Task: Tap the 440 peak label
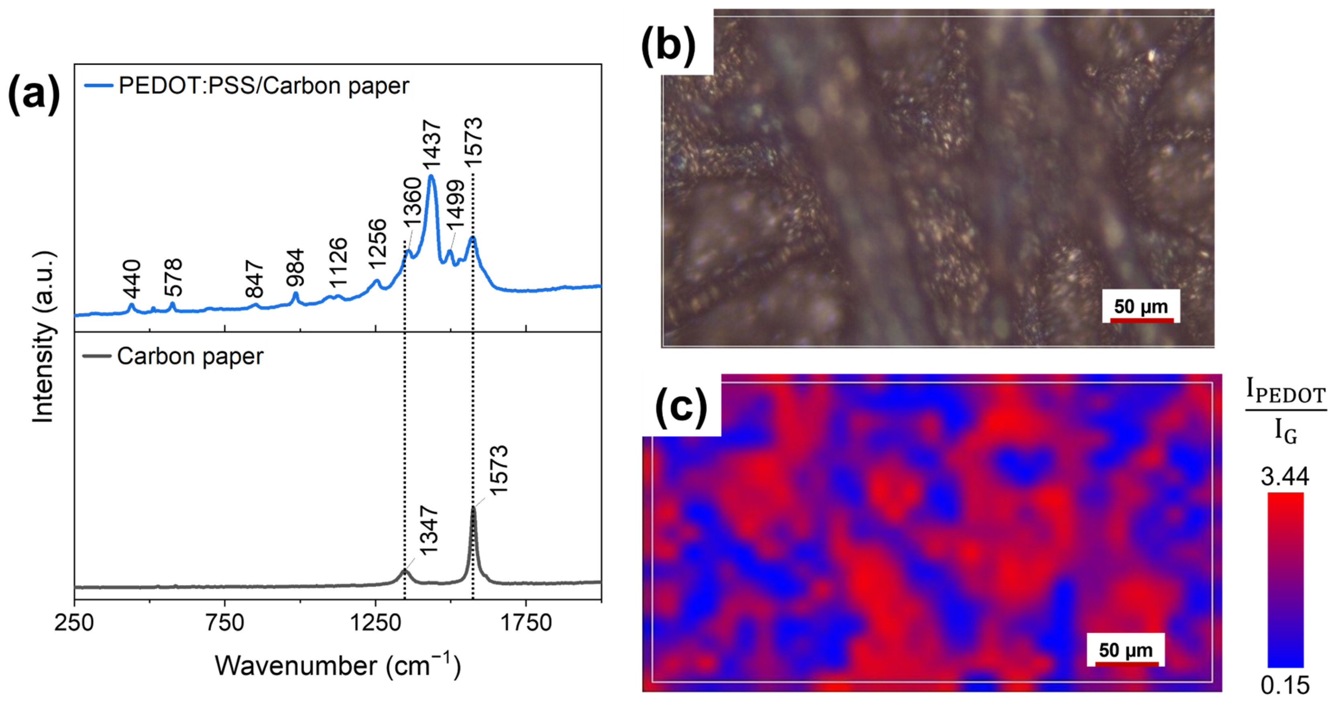coord(132,279)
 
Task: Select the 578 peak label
coord(173,278)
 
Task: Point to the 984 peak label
coord(295,268)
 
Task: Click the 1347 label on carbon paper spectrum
coord(430,530)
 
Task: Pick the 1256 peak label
coord(378,243)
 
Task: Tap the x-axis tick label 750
coord(225,623)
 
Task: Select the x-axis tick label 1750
coord(526,623)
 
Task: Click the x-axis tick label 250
coord(74,623)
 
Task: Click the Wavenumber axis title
coord(338,666)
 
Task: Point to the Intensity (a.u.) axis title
coord(44,337)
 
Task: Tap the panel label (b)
coord(668,46)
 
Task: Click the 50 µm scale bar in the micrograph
coord(1141,320)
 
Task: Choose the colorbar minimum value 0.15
coord(1285,686)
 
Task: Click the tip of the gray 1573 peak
coord(473,507)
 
